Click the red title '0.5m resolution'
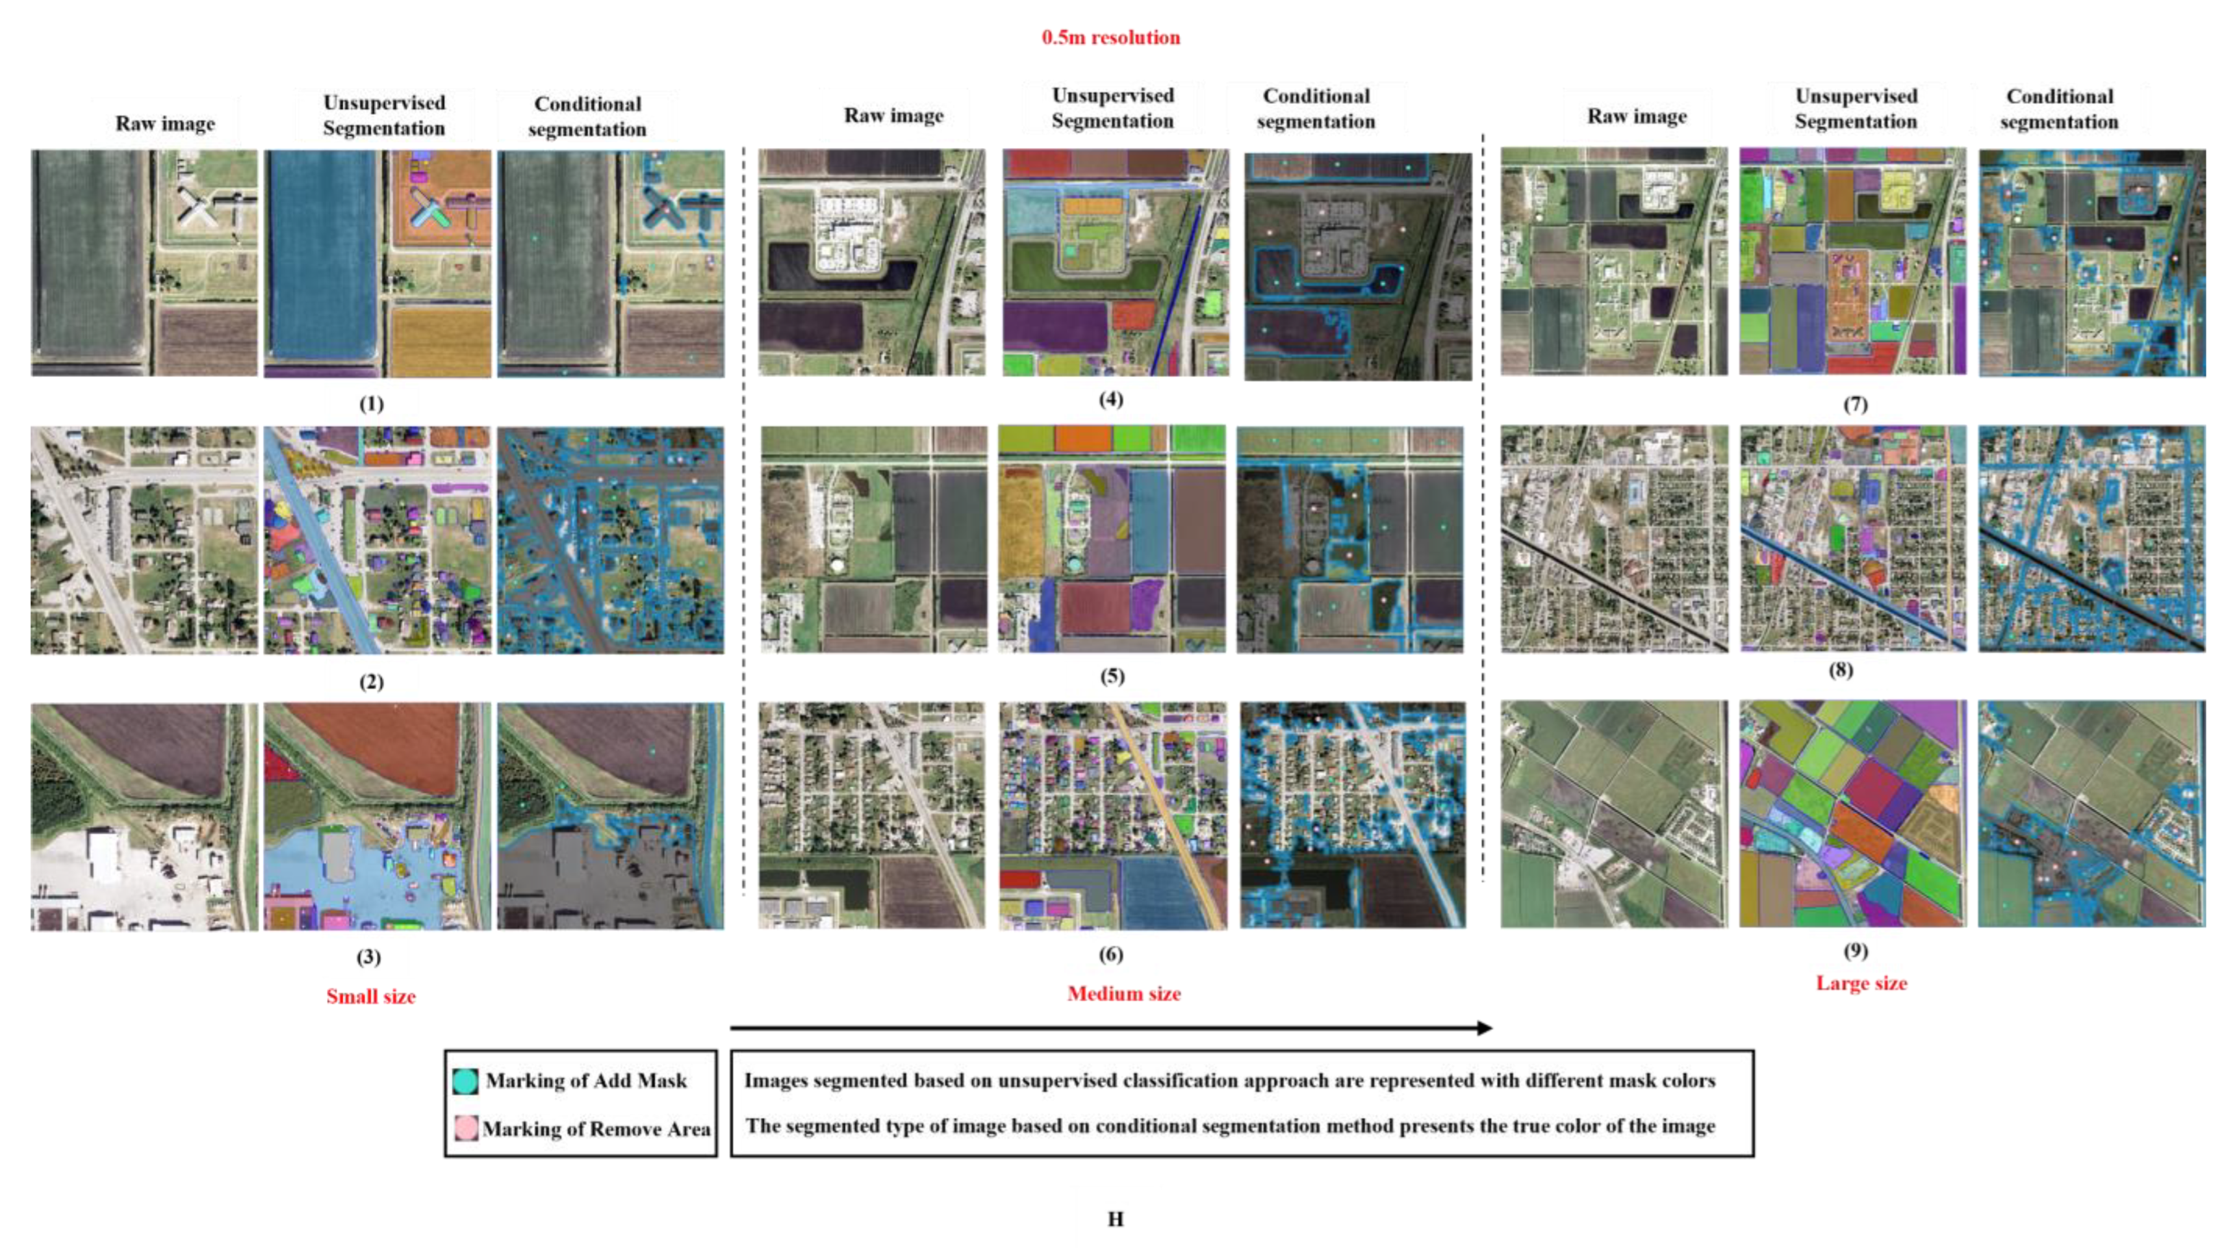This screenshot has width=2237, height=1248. click(x=1110, y=37)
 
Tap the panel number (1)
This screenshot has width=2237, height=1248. click(x=371, y=404)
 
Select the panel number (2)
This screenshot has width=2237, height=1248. click(x=371, y=681)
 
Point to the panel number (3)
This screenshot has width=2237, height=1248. click(x=368, y=957)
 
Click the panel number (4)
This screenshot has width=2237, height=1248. click(x=1110, y=400)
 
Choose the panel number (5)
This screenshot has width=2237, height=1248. click(x=1112, y=676)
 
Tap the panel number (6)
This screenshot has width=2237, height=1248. click(x=1110, y=954)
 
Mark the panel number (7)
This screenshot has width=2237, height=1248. click(x=1855, y=404)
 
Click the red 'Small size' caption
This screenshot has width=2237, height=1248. click(x=371, y=996)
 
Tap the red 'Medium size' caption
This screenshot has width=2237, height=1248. click(x=1124, y=993)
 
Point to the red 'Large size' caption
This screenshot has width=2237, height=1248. click(x=1861, y=983)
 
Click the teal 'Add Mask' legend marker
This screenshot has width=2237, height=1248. click(x=465, y=1081)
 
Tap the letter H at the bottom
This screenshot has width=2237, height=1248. click(x=1115, y=1219)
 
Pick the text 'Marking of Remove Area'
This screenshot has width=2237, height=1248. click(x=596, y=1129)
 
